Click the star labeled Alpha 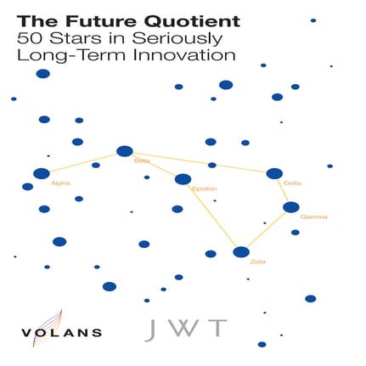pos(42,173)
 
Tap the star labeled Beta pos(125,151)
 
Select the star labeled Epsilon pos(183,178)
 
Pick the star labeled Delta pos(274,173)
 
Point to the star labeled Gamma pos(291,206)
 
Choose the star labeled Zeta pos(241,251)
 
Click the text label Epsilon pos(206,188)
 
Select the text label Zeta pos(257,262)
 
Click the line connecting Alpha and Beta pos(83,162)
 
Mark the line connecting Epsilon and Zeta pos(212,216)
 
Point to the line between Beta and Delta pos(200,162)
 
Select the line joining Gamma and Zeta pos(267,228)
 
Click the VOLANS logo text pos(63,332)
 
